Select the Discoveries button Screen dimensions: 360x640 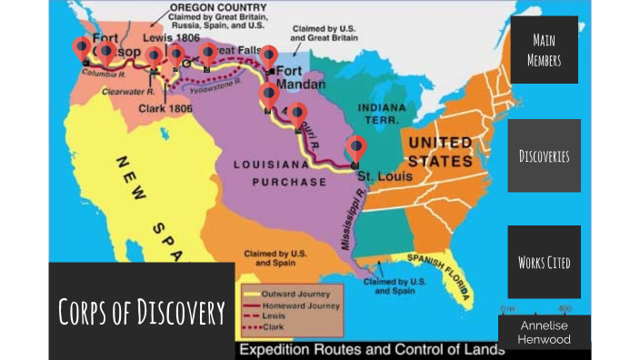tap(544, 155)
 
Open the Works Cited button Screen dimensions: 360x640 tap(544, 262)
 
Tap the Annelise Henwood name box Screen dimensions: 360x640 tap(545, 332)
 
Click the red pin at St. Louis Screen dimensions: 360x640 tap(357, 148)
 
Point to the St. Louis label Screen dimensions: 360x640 tap(376, 174)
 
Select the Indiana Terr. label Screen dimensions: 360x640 tap(381, 114)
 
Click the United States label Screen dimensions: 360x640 tap(439, 152)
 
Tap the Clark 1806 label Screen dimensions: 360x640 tap(165, 108)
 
